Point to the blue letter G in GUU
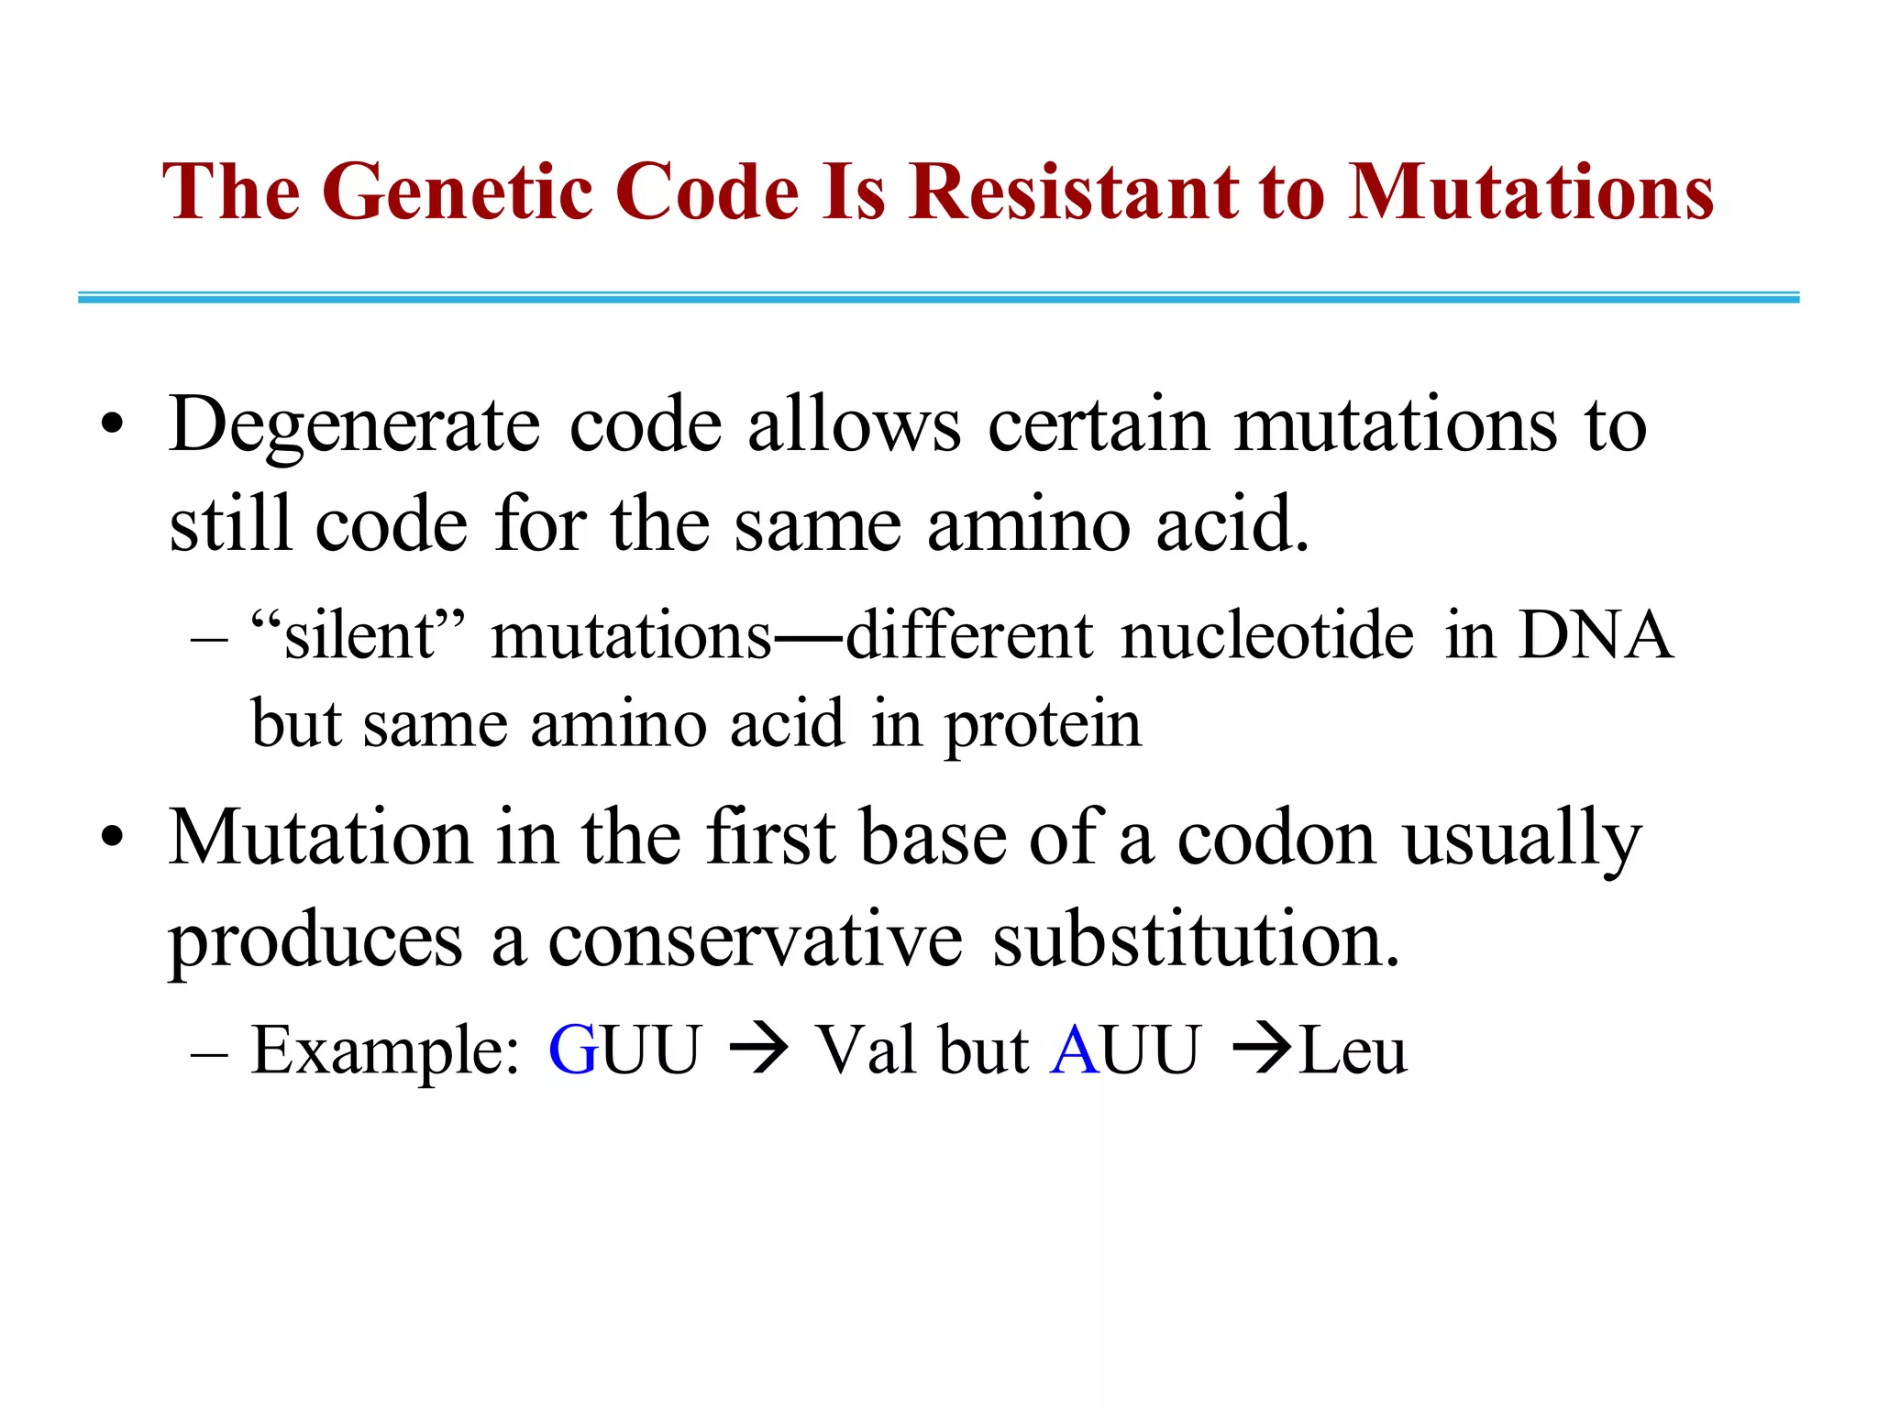(x=574, y=1050)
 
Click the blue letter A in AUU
(x=1075, y=1050)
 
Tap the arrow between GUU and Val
(x=758, y=1050)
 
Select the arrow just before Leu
(x=1262, y=1050)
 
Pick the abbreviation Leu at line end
(x=1353, y=1050)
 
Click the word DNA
(x=1596, y=635)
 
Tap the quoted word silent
(x=359, y=635)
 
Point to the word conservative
(x=755, y=940)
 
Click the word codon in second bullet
(x=1276, y=839)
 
